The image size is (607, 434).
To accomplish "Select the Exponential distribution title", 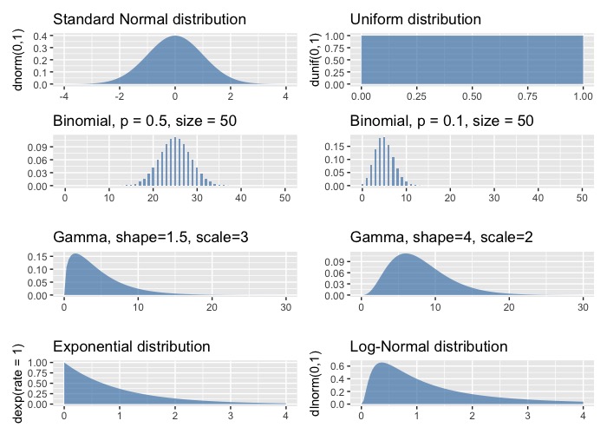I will coord(132,346).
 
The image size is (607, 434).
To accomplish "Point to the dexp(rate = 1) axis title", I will coord(17,380).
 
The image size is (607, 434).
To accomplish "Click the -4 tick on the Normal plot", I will coord(63,98).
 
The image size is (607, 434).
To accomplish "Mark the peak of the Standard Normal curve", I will coord(175,36).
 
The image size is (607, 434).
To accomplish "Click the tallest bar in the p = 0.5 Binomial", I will coord(175,138).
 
